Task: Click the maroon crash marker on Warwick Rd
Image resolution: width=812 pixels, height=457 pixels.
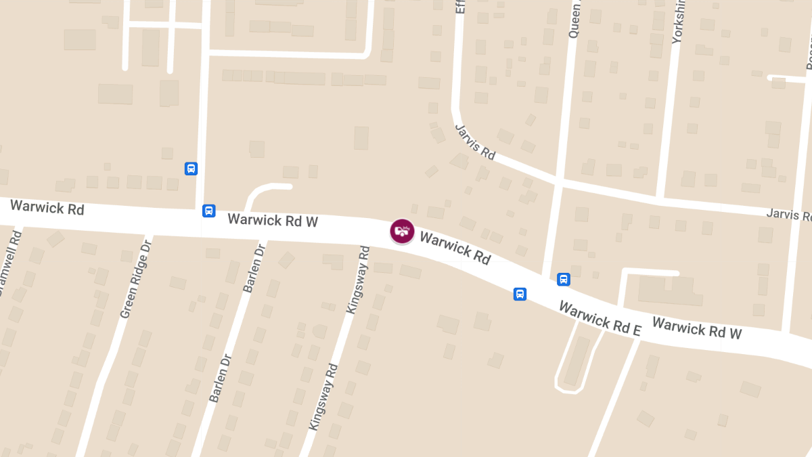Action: point(402,231)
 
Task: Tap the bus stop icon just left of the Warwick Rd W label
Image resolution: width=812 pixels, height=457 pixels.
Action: point(209,211)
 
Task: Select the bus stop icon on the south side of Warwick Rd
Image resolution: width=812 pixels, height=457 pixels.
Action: point(520,294)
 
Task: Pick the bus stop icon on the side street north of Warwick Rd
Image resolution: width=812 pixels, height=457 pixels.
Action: point(191,169)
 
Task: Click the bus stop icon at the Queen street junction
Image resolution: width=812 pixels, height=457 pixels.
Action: point(563,279)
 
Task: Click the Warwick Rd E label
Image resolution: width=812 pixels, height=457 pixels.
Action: point(600,318)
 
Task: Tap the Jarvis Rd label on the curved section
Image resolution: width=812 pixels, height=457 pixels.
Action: point(475,142)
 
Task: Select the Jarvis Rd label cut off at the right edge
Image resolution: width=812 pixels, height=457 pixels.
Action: point(788,215)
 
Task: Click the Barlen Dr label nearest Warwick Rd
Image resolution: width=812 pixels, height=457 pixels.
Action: point(252,268)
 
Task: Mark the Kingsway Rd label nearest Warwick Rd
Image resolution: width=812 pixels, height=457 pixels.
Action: point(358,279)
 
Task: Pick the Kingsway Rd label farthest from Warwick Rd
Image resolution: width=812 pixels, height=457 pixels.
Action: point(323,397)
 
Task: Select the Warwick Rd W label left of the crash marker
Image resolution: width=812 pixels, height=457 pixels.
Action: point(273,220)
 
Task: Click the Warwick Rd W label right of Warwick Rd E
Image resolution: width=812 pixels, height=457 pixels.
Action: point(697,328)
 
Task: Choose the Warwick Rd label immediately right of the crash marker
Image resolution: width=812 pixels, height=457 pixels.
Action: point(455,247)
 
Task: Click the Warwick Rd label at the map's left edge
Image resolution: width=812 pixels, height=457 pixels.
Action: point(47,207)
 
